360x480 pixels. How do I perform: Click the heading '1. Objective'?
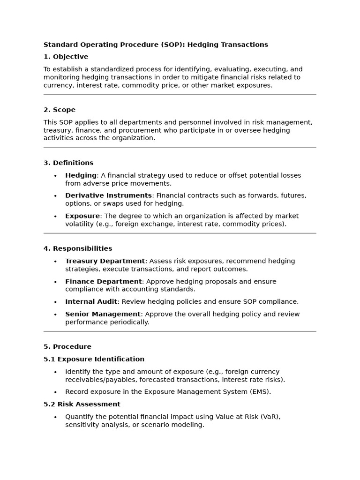(x=66, y=57)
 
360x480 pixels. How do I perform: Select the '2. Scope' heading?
(x=60, y=110)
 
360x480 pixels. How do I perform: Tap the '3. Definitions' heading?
(x=68, y=163)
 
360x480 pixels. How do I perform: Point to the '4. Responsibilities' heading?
(x=78, y=248)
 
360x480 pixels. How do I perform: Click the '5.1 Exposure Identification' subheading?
(x=94, y=359)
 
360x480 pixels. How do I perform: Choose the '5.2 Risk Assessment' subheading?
(x=82, y=404)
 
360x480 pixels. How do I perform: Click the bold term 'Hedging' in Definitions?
(x=81, y=175)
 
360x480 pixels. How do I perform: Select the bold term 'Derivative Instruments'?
(x=108, y=195)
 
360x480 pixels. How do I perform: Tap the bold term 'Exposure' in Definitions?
(x=82, y=216)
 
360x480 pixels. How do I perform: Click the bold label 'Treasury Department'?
(x=105, y=261)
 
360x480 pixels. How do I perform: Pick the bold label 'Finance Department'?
(x=103, y=281)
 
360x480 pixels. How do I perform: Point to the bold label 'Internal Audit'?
(x=91, y=301)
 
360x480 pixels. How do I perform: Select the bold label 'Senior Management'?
(x=103, y=314)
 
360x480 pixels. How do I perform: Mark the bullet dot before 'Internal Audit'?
(x=55, y=302)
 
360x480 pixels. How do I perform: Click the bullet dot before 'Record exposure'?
(x=55, y=392)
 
